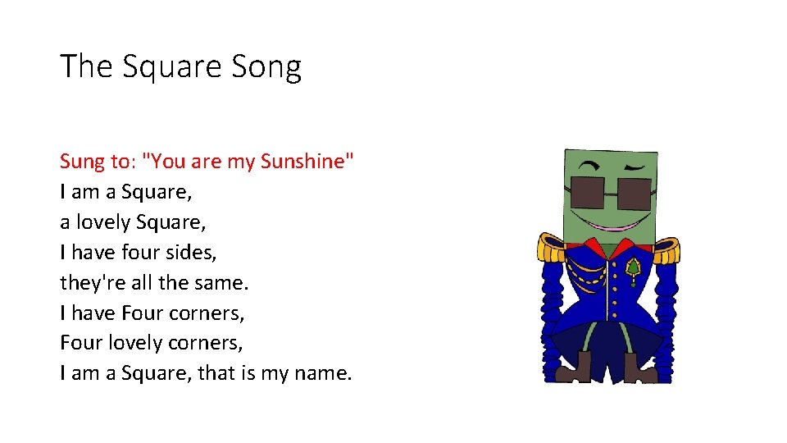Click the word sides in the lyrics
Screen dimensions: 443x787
tap(190, 252)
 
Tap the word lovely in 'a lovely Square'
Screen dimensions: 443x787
tap(103, 221)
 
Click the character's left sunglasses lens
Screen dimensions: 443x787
tap(588, 191)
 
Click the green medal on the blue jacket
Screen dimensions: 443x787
tap(633, 268)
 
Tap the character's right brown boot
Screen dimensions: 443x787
tap(640, 368)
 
